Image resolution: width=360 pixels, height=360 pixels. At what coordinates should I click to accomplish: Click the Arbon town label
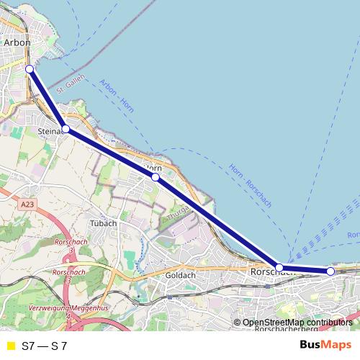point(17,42)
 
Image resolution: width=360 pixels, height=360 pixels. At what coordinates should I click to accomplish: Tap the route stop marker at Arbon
point(30,69)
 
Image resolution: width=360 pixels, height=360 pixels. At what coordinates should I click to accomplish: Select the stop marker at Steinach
point(66,129)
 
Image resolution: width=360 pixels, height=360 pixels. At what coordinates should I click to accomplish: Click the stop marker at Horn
point(156,176)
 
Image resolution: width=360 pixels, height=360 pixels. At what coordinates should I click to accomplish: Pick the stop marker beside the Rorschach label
point(279,267)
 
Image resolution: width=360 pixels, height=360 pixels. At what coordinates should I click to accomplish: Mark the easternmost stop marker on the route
point(330,271)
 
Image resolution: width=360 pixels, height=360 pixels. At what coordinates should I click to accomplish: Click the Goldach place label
point(181,276)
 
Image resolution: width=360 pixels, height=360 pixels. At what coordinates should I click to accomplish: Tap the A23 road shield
point(27,205)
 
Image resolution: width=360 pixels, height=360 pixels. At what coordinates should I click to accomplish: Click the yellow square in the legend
point(10,346)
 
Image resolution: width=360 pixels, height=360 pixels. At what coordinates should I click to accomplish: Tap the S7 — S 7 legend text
point(45,346)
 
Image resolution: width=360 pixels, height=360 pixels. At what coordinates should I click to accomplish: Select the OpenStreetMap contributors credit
point(297,323)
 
